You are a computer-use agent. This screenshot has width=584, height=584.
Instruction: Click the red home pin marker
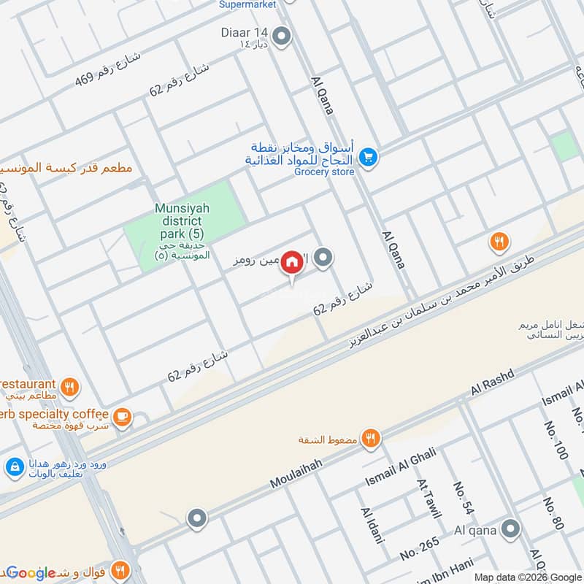pos(292,262)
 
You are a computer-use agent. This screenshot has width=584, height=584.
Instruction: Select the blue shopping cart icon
pos(368,157)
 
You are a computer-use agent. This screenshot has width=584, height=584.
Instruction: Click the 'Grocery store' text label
pos(324,172)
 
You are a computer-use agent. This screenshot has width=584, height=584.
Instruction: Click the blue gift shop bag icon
pos(14,466)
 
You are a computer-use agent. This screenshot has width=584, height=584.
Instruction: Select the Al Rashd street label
pos(493,383)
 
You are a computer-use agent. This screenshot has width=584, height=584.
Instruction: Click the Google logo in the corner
pos(31,573)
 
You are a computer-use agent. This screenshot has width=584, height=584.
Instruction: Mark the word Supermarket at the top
pos(247,4)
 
